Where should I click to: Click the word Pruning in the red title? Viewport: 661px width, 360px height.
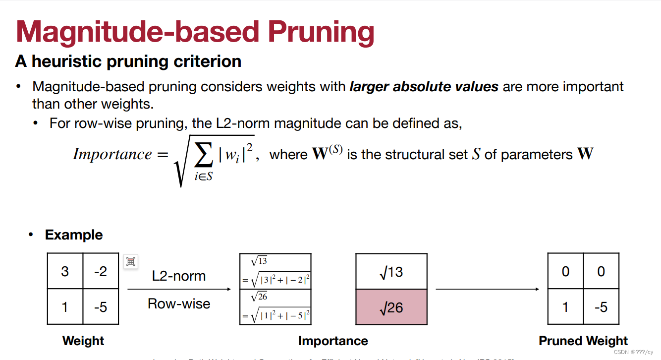[x=321, y=32]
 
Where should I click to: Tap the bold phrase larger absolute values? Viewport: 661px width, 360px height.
[x=424, y=87]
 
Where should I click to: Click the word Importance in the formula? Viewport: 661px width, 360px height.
[x=112, y=154]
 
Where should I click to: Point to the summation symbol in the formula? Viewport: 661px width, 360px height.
[x=204, y=156]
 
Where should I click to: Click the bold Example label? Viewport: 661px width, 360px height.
[x=74, y=235]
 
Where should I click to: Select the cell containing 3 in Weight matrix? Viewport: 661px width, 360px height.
[x=65, y=271]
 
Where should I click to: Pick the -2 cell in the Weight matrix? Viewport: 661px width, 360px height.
[x=101, y=271]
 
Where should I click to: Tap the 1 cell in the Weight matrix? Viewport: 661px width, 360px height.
[x=65, y=307]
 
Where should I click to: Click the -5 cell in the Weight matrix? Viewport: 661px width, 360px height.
[x=101, y=307]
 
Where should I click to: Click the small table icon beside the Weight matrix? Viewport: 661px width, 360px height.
[x=131, y=261]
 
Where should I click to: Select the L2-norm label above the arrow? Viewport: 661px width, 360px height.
[x=179, y=276]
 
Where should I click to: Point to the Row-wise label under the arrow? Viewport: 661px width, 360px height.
[x=179, y=303]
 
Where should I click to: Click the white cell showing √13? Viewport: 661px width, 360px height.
[x=391, y=272]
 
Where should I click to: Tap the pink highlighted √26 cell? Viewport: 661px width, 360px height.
[x=391, y=307]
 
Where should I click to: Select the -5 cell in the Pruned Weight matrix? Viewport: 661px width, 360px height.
[x=601, y=307]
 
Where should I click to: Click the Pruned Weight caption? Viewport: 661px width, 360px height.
[x=583, y=341]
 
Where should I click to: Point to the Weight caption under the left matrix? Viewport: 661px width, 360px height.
[x=83, y=341]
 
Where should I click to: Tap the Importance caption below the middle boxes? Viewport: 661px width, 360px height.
[x=333, y=341]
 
